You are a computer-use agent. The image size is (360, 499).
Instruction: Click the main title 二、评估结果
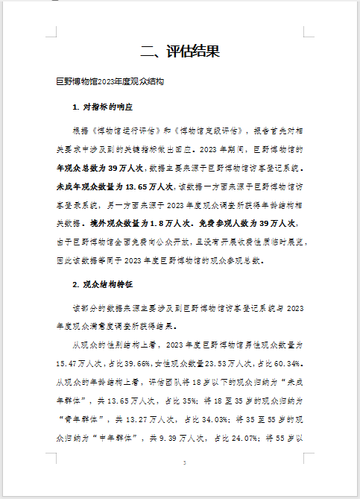(180, 51)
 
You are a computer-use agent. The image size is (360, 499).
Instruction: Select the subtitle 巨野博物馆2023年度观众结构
(110, 80)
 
